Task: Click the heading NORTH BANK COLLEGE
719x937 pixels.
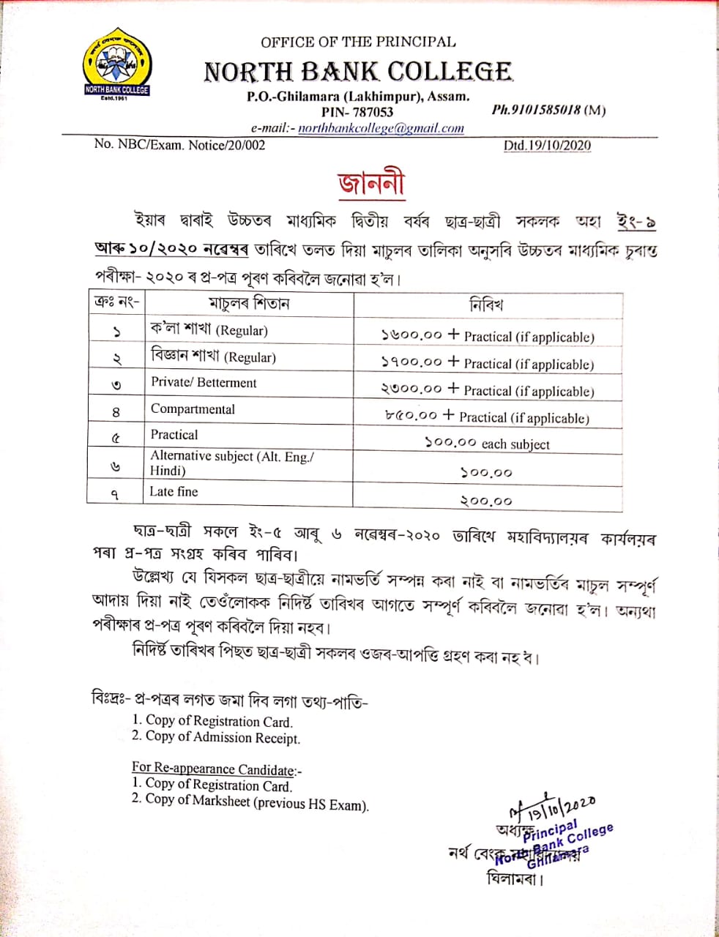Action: click(x=358, y=71)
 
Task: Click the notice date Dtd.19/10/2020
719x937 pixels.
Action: click(x=547, y=145)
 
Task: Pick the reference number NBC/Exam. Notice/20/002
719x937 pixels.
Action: click(x=179, y=144)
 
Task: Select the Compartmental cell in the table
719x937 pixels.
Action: click(x=193, y=409)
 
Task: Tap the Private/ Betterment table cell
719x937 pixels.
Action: click(x=204, y=382)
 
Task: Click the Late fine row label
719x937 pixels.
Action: click(x=174, y=491)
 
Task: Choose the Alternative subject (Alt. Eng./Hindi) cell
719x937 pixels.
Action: click(x=232, y=463)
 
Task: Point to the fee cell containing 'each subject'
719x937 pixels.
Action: click(x=487, y=444)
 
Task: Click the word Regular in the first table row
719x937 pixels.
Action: click(x=244, y=331)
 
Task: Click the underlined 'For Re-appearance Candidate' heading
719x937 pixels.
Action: click(x=216, y=769)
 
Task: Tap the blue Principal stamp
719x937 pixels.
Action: click(x=560, y=839)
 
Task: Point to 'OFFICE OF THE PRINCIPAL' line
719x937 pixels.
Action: click(x=358, y=42)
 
